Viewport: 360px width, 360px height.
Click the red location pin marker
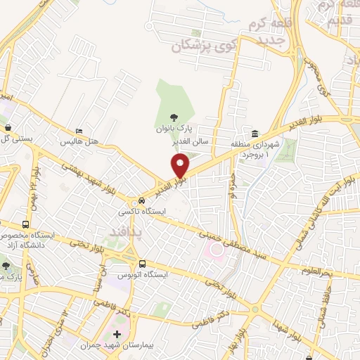[181, 166]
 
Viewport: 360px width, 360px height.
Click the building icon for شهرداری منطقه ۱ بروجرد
[254, 134]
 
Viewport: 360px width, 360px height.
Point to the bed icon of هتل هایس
[79, 131]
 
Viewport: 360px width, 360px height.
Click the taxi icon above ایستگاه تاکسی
[143, 201]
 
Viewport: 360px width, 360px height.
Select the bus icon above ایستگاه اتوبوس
[143, 264]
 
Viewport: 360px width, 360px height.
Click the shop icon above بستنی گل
[8, 128]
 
